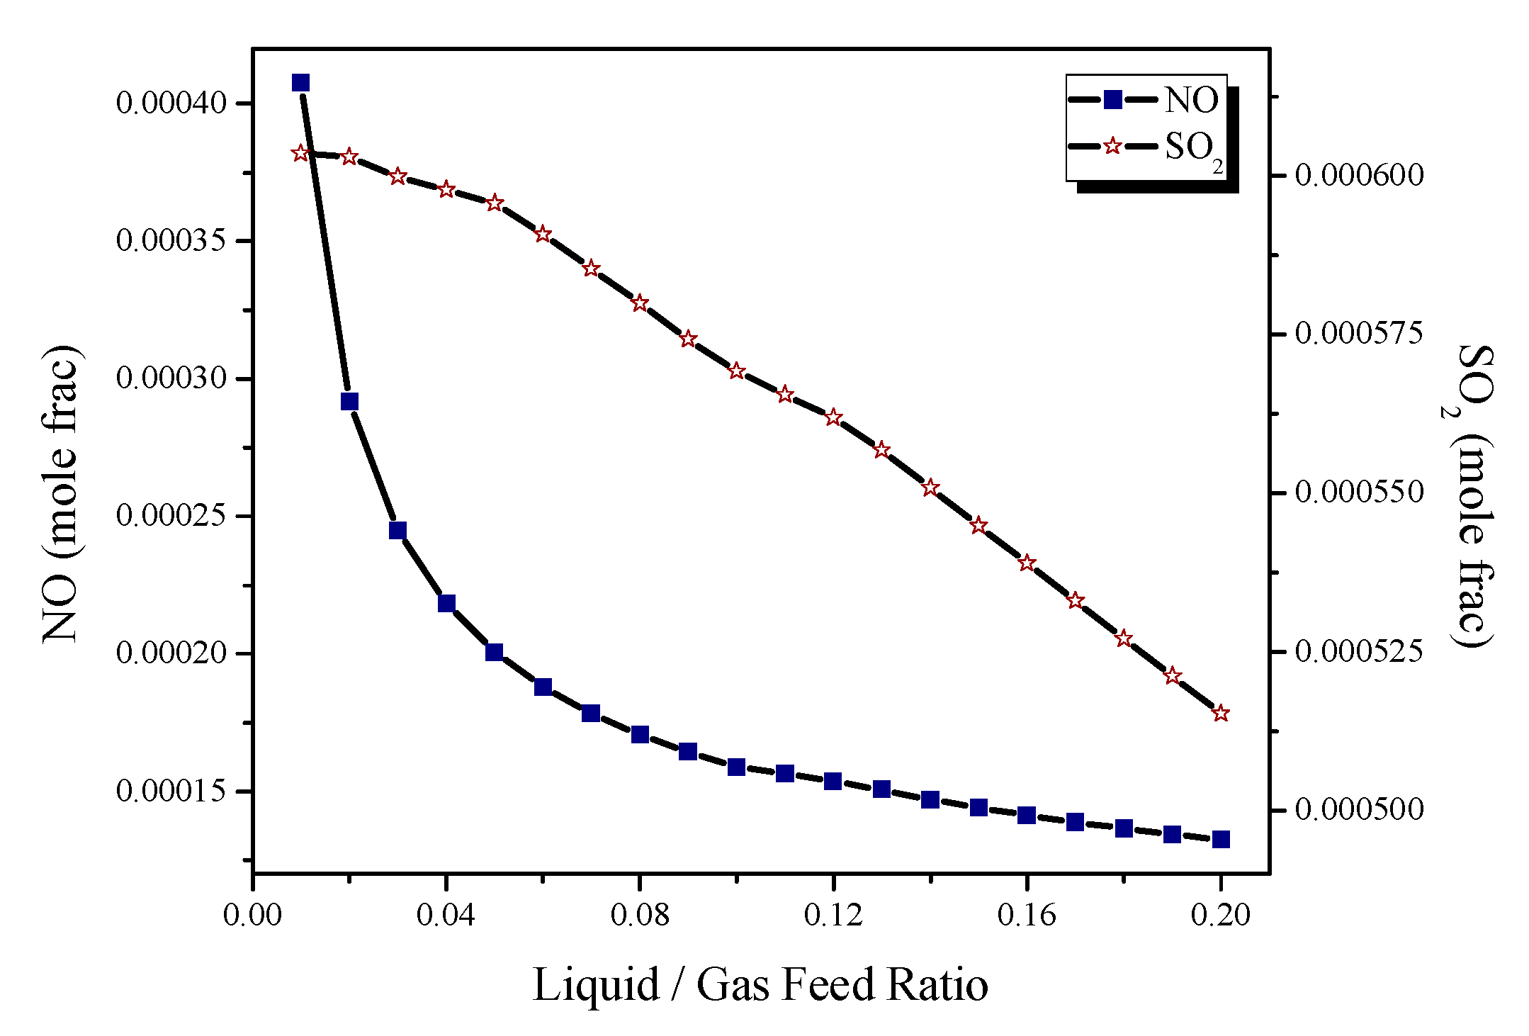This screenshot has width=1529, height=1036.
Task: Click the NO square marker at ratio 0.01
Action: (x=300, y=83)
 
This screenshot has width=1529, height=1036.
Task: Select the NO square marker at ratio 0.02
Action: (x=349, y=402)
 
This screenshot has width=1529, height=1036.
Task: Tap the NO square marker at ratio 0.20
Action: (x=1221, y=840)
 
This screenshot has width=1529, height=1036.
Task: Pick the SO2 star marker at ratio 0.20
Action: (x=1221, y=713)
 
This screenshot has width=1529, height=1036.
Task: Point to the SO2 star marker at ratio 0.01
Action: (x=300, y=153)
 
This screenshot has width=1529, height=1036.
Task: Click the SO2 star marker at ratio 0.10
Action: (x=737, y=371)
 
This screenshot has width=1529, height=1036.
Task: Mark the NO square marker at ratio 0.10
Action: (x=737, y=767)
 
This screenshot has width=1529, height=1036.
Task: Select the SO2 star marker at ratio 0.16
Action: (x=1027, y=563)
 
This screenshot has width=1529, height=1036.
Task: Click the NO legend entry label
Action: (x=1192, y=100)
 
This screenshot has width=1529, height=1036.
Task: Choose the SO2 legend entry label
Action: (x=1193, y=147)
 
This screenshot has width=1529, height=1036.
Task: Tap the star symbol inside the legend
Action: (x=1113, y=146)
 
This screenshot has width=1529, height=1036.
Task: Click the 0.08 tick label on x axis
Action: (x=639, y=915)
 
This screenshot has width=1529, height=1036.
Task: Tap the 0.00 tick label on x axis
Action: (x=252, y=915)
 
